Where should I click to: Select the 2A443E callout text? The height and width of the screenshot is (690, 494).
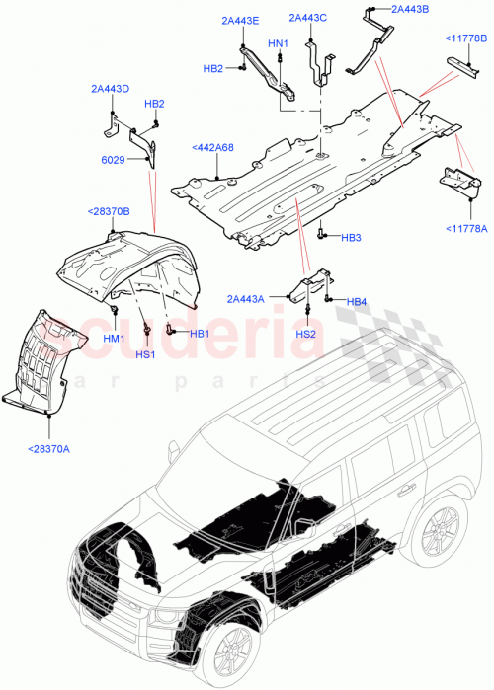pos(240,21)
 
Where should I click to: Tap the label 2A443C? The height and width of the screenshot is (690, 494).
pos(307,18)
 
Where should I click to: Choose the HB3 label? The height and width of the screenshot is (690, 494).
pos(352,239)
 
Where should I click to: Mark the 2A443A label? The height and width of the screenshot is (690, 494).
pos(245,299)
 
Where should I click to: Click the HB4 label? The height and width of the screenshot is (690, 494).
pos(357,301)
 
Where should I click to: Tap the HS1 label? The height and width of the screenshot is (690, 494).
pos(145,353)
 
